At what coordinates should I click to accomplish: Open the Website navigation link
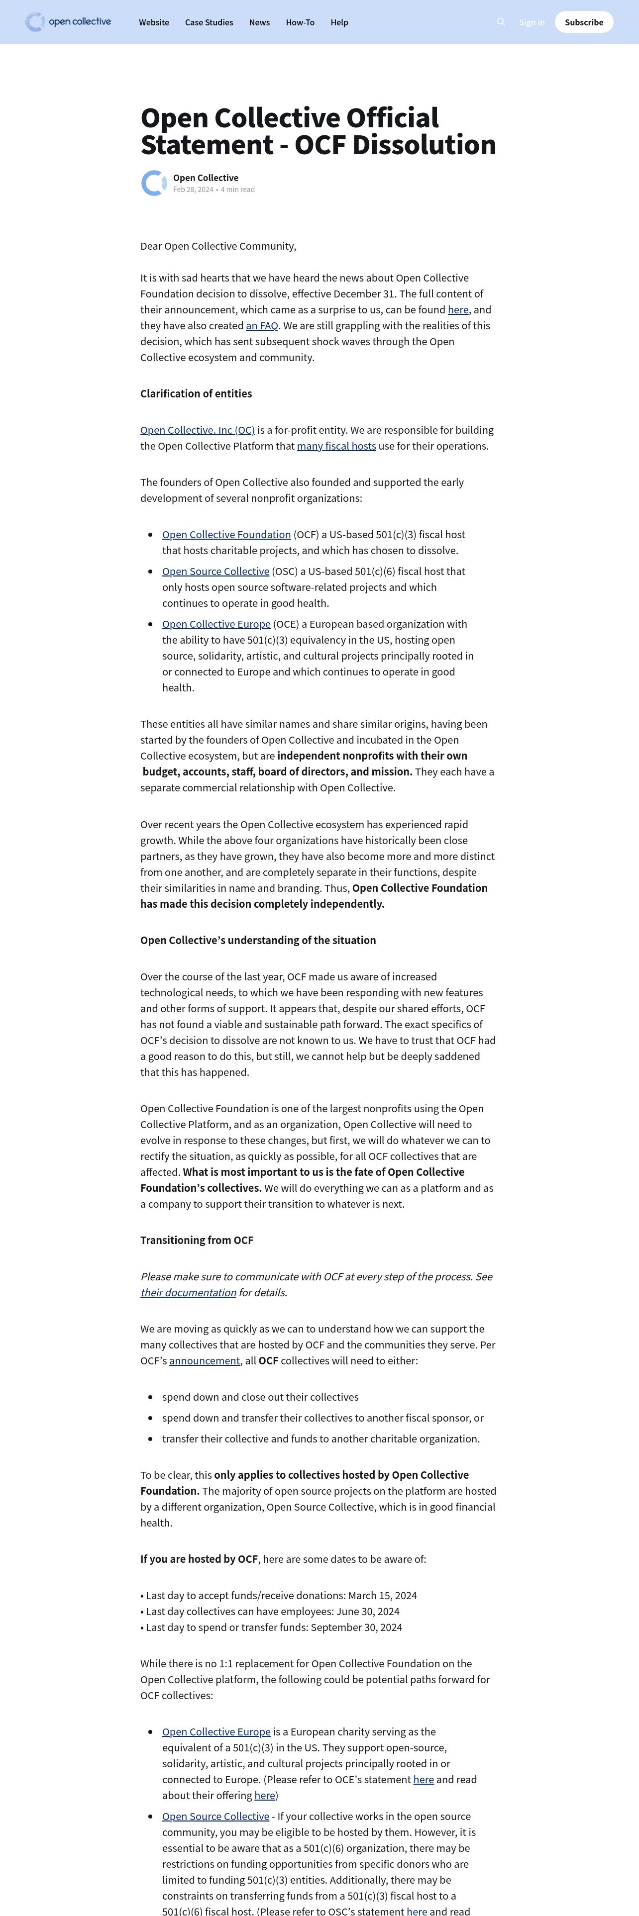pyautogui.click(x=154, y=22)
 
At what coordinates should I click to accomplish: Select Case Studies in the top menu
pyautogui.click(x=209, y=22)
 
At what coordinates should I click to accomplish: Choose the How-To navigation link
pyautogui.click(x=300, y=22)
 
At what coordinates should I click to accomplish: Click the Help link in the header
pyautogui.click(x=339, y=22)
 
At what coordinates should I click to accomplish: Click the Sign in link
pyautogui.click(x=532, y=22)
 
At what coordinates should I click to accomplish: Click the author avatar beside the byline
pyautogui.click(x=154, y=183)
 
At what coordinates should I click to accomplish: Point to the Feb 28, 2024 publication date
pyautogui.click(x=194, y=190)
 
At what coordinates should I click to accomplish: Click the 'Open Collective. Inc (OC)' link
pyautogui.click(x=197, y=430)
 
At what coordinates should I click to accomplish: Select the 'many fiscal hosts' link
pyautogui.click(x=336, y=446)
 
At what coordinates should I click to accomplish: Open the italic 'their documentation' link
pyautogui.click(x=188, y=1293)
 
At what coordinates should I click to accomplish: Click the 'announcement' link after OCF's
pyautogui.click(x=205, y=1360)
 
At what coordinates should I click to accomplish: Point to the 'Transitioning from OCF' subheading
pyautogui.click(x=197, y=1240)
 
